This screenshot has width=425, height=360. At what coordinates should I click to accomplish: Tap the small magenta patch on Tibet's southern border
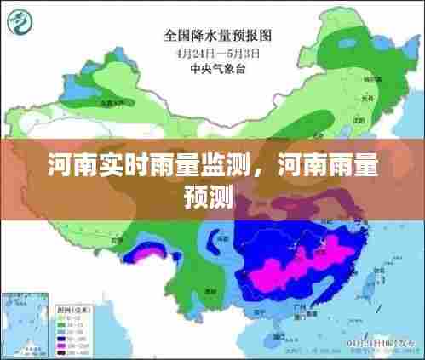pyautogui.click(x=145, y=252)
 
